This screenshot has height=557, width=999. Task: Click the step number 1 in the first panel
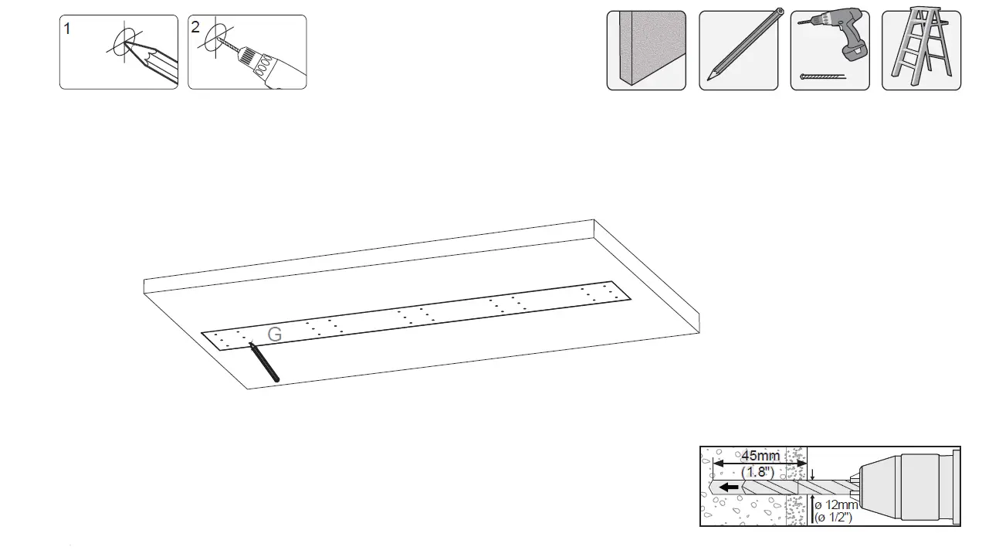click(68, 29)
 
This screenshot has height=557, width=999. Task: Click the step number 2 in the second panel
click(195, 27)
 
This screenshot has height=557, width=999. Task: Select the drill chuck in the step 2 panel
click(248, 56)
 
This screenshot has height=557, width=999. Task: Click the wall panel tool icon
click(645, 50)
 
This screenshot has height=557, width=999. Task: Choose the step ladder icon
click(920, 48)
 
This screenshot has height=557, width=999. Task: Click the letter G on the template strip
click(274, 335)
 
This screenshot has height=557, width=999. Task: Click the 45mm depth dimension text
click(760, 456)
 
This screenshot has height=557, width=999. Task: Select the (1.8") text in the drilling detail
click(757, 471)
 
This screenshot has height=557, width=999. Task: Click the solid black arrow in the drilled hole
click(727, 488)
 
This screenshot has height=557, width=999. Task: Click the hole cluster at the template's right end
click(601, 293)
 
